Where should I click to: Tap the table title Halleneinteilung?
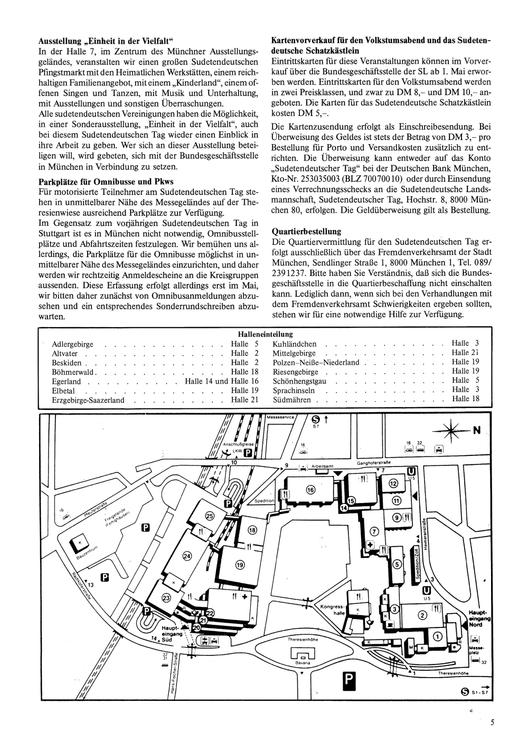pyautogui.click(x=265, y=334)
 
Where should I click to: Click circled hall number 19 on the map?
pyautogui.click(x=240, y=565)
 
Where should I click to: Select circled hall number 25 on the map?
pyautogui.click(x=210, y=516)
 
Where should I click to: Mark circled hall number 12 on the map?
pyautogui.click(x=393, y=483)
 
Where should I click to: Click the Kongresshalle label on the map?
pyautogui.click(x=332, y=610)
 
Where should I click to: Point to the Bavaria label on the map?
pyautogui.click(x=303, y=662)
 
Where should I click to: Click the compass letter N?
pyautogui.click(x=476, y=431)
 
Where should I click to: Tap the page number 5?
pyautogui.click(x=492, y=723)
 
